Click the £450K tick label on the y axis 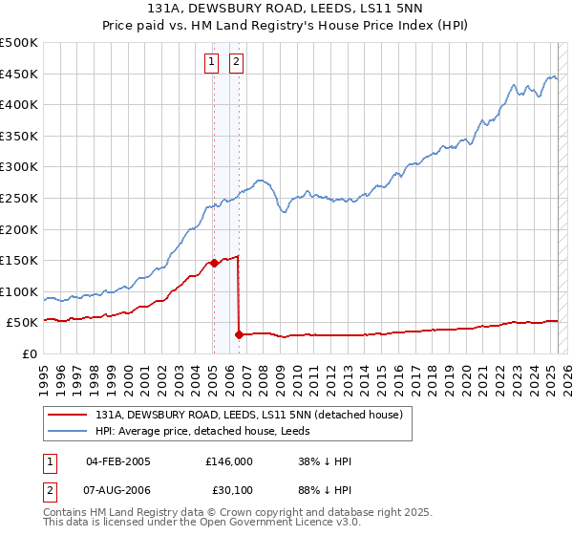[18, 74]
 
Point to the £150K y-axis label [18, 260]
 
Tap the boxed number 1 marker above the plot [211, 63]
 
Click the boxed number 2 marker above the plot [236, 63]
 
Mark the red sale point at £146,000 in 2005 [214, 263]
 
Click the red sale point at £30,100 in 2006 [239, 334]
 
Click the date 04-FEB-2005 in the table [118, 461]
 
